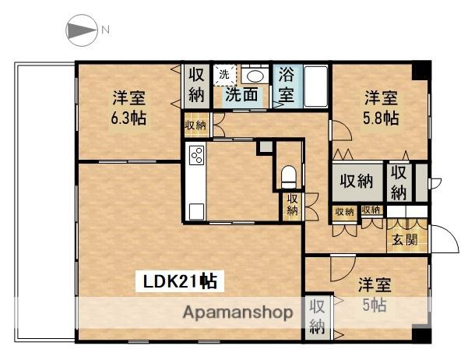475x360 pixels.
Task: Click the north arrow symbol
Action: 79,30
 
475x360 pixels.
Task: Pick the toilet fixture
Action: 289,175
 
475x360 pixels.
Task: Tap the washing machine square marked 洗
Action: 224,75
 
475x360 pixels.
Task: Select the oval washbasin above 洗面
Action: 253,75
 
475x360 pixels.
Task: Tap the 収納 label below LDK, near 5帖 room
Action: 318,315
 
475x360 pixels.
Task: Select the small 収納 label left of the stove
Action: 195,125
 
